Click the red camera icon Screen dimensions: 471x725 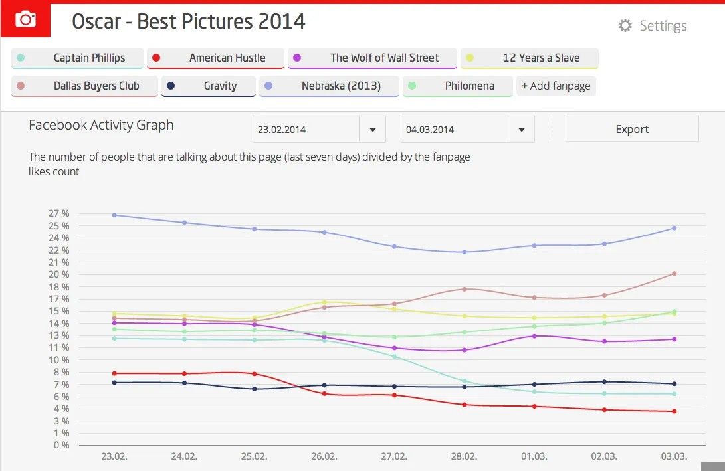pos(25,19)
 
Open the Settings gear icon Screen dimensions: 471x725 pos(625,26)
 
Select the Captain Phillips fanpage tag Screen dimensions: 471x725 pos(77,58)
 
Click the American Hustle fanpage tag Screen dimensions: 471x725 pos(215,58)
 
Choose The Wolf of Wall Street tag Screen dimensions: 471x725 pos(372,58)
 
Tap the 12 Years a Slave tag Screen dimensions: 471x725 pos(529,58)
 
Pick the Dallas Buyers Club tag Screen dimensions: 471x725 pos(84,86)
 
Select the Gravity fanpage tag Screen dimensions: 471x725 pos(209,86)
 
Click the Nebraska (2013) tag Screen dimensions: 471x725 pos(329,86)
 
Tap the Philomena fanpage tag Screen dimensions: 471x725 pos(458,86)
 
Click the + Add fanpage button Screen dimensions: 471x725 pos(556,86)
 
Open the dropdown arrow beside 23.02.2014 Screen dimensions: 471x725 pos(372,130)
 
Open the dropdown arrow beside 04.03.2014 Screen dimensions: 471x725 pos(521,130)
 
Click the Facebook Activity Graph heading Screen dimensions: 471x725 pos(101,125)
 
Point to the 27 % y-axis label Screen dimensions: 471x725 pos(59,213)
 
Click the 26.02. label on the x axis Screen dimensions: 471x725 pos(324,457)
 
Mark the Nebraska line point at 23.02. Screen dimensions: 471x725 pos(114,215)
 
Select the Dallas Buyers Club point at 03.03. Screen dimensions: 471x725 pos(674,273)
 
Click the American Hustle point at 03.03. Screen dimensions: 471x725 pos(674,411)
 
